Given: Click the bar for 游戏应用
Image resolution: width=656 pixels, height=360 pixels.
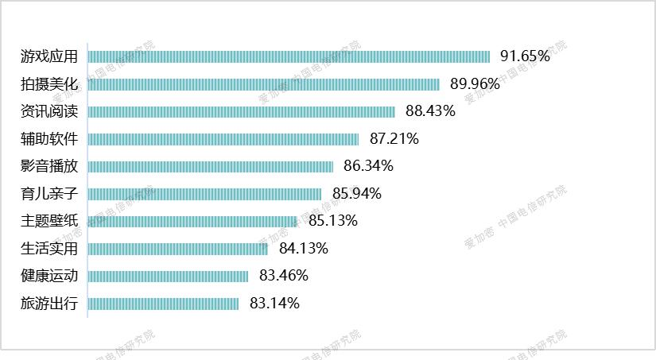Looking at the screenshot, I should click(288, 56).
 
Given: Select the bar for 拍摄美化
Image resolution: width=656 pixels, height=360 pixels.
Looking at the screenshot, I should click(263, 84).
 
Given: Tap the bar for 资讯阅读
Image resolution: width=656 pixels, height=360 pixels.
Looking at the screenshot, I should click(241, 111).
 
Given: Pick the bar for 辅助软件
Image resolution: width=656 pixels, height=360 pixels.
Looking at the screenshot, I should click(223, 139).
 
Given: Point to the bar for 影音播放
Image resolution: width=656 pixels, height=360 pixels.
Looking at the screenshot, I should click(210, 166).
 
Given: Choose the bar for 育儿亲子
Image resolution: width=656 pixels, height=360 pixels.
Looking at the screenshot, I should click(204, 194).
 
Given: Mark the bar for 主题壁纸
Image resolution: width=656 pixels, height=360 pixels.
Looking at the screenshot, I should click(192, 221).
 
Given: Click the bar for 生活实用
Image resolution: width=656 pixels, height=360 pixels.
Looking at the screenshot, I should click(177, 249).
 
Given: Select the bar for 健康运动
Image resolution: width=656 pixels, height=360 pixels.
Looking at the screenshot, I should click(168, 276).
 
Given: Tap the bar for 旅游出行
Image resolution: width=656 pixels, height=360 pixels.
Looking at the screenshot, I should click(163, 304).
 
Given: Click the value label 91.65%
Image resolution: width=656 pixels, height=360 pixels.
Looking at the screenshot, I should click(525, 56).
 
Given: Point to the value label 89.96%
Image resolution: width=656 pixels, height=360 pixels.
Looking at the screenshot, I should click(475, 83).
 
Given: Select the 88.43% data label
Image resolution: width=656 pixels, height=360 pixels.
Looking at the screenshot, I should click(430, 111).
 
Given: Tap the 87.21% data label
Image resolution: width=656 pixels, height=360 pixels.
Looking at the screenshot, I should click(394, 139).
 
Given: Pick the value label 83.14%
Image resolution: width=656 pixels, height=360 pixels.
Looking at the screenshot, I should click(274, 304).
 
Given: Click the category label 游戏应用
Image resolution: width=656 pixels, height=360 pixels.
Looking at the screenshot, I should click(49, 56).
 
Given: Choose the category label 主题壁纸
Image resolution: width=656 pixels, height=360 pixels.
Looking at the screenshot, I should click(49, 221).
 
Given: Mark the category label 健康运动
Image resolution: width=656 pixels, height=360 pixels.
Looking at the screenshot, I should click(49, 276).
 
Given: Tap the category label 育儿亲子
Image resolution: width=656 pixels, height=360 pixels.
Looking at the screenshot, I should click(49, 194).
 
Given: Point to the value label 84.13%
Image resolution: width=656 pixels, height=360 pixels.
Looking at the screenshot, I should click(304, 249).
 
